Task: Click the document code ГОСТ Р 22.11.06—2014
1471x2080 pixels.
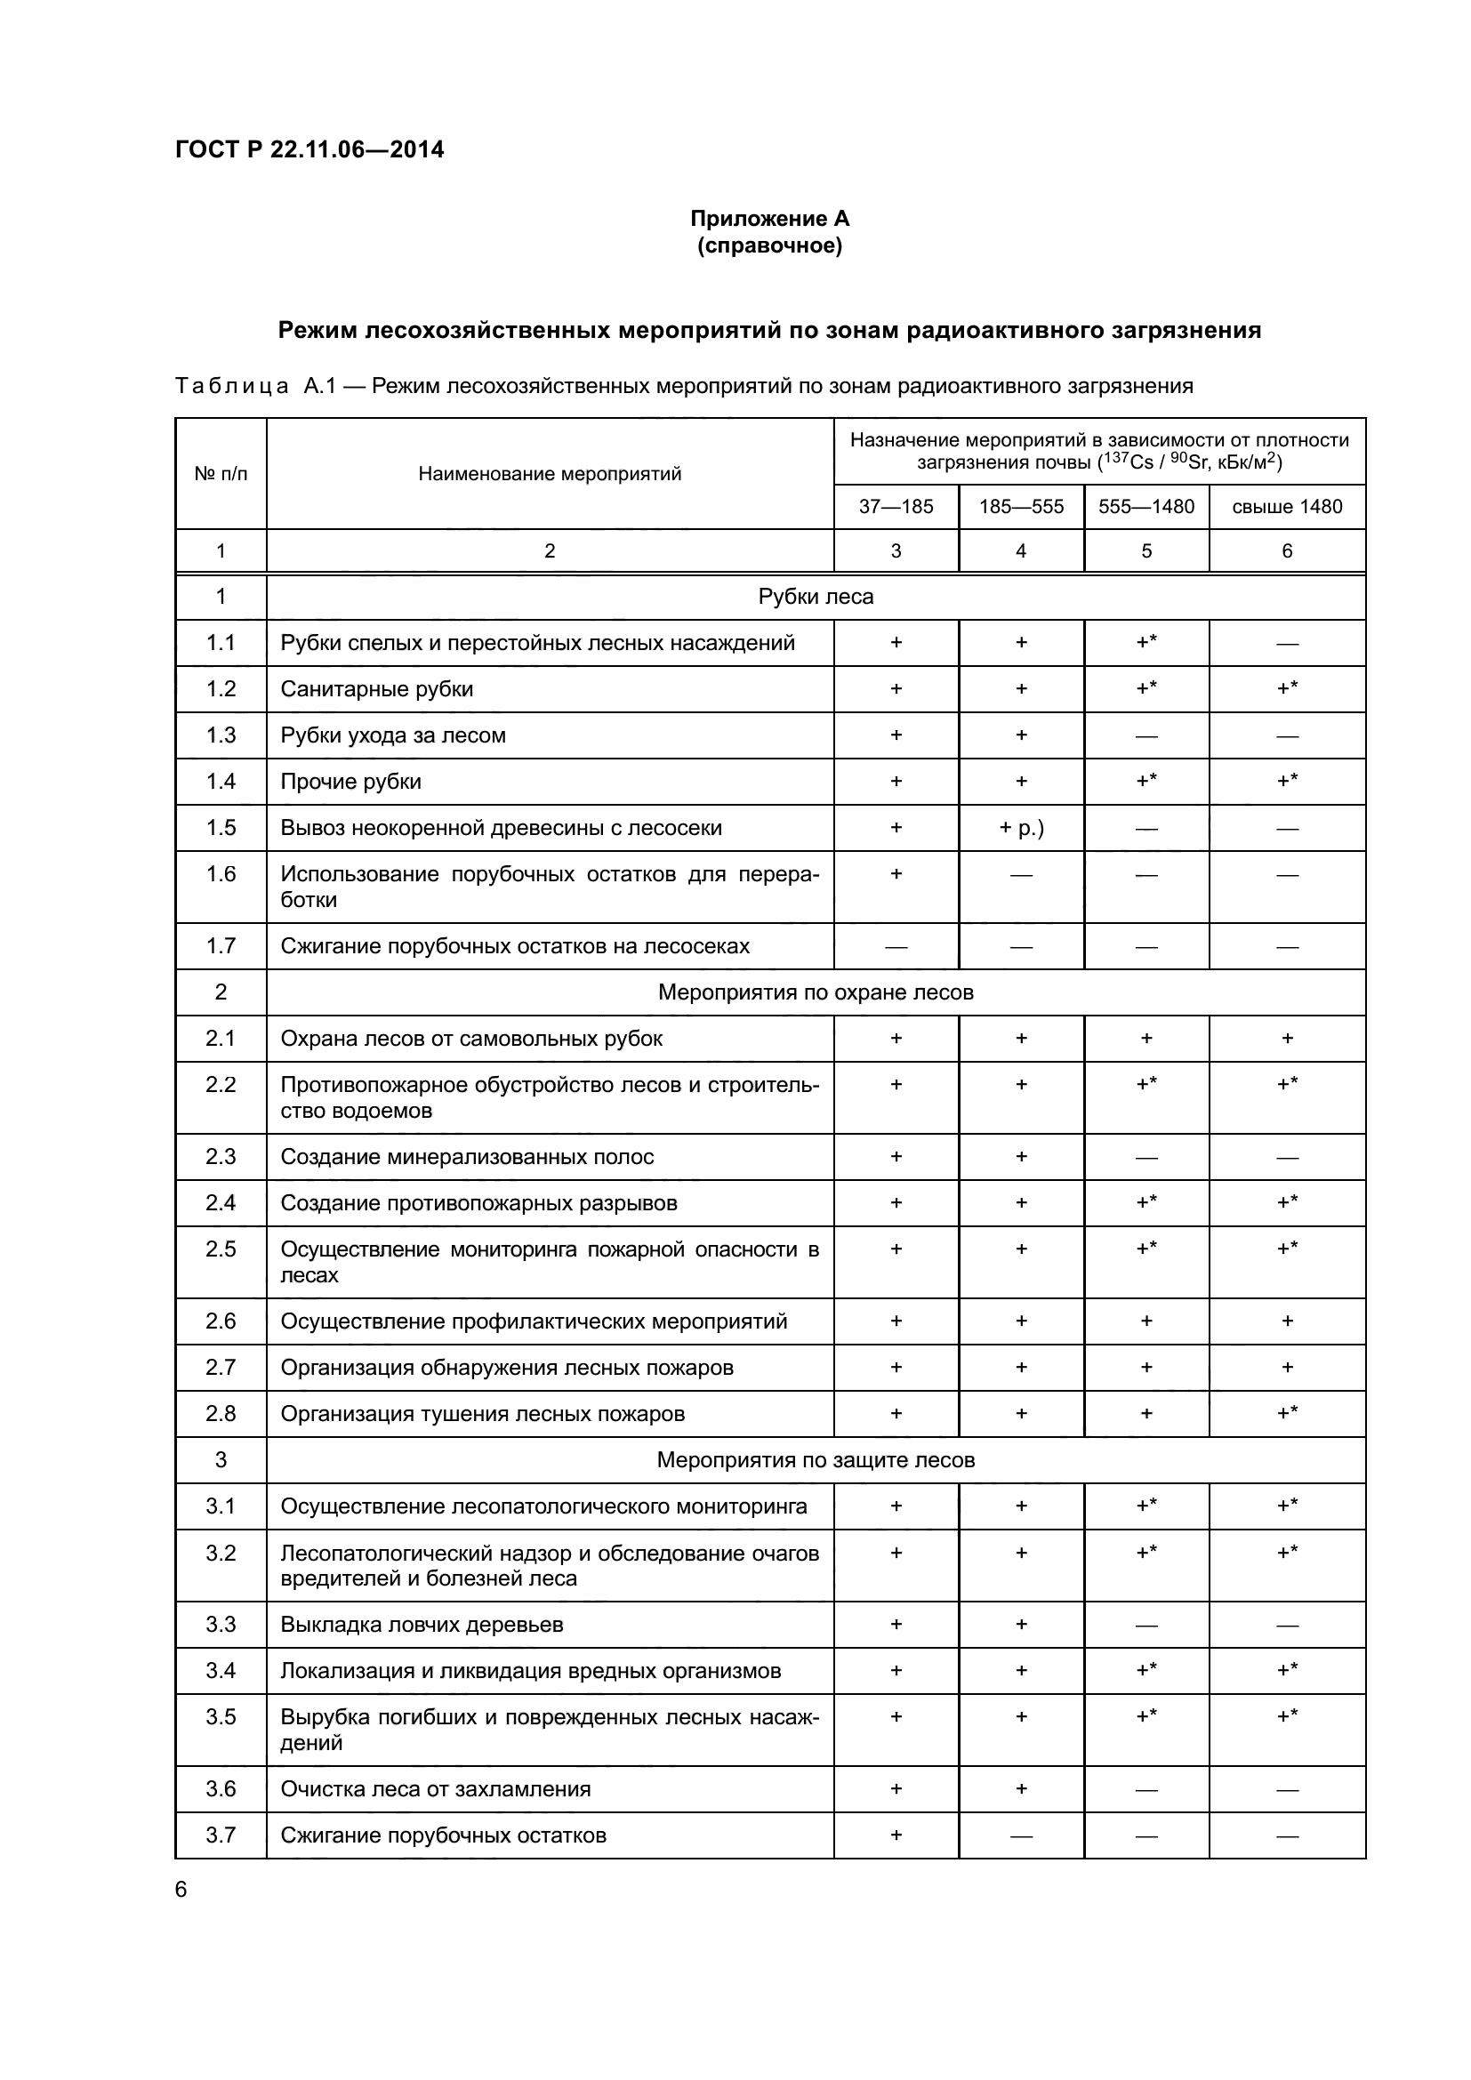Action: click(309, 150)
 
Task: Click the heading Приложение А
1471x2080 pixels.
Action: click(769, 219)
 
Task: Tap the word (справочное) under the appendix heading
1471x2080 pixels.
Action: click(769, 246)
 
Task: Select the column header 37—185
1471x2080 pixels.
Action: click(895, 506)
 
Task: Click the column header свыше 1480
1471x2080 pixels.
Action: click(1286, 506)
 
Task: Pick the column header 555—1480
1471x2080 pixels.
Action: click(1145, 506)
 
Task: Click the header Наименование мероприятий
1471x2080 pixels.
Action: click(549, 474)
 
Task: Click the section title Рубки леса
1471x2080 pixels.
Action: click(816, 597)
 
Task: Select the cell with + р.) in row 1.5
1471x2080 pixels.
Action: click(1021, 828)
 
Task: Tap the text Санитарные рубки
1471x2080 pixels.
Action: click(377, 689)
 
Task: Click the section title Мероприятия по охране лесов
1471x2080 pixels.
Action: click(816, 992)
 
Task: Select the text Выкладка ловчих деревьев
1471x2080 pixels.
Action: click(422, 1625)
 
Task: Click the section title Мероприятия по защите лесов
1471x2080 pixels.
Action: click(816, 1459)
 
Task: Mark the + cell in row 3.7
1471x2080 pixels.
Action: click(895, 1835)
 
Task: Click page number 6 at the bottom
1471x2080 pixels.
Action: click(181, 1889)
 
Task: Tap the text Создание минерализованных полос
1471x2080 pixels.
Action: click(467, 1157)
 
